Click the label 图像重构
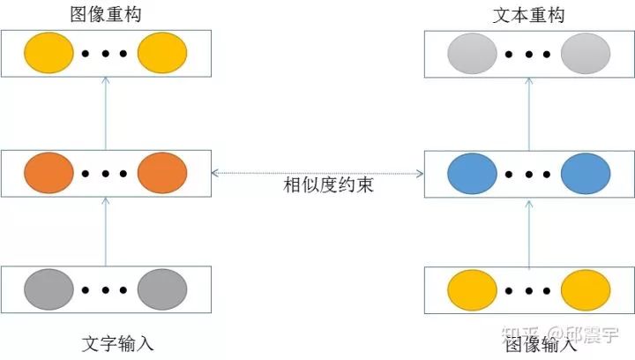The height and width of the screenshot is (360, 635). pyautogui.click(x=105, y=15)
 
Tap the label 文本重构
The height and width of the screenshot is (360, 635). pyautogui.click(x=529, y=15)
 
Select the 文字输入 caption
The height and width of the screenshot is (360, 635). pyautogui.click(x=105, y=343)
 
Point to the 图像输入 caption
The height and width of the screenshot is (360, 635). pyautogui.click(x=529, y=345)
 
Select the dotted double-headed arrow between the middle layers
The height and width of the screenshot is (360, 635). pyautogui.click(x=317, y=172)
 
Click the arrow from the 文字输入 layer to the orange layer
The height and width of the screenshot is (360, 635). pyautogui.click(x=106, y=232)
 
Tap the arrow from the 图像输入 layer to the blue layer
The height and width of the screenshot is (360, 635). pyautogui.click(x=529, y=232)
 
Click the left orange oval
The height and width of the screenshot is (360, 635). pyautogui.click(x=49, y=173)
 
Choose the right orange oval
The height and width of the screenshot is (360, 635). pyautogui.click(x=162, y=173)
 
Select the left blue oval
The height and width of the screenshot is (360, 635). pyautogui.click(x=472, y=173)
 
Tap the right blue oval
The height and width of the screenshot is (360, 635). pyautogui.click(x=586, y=173)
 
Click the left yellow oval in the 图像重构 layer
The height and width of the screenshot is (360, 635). pyautogui.click(x=49, y=53)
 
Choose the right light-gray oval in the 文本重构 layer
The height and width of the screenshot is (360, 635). pyautogui.click(x=586, y=53)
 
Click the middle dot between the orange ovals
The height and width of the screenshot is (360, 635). pyautogui.click(x=106, y=174)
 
